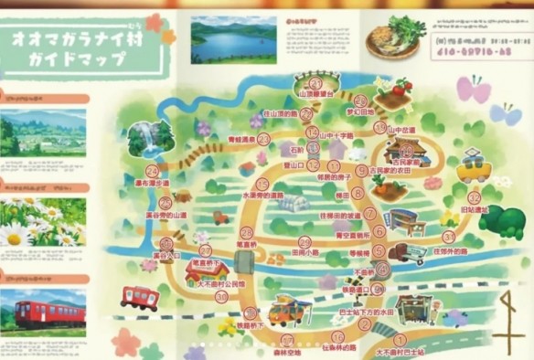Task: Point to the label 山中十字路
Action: click(336, 135)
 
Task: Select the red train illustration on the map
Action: click(139, 297)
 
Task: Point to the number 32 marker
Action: click(474, 197)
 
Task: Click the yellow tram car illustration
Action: click(474, 168)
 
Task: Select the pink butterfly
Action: click(473, 90)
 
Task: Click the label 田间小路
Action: click(304, 250)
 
